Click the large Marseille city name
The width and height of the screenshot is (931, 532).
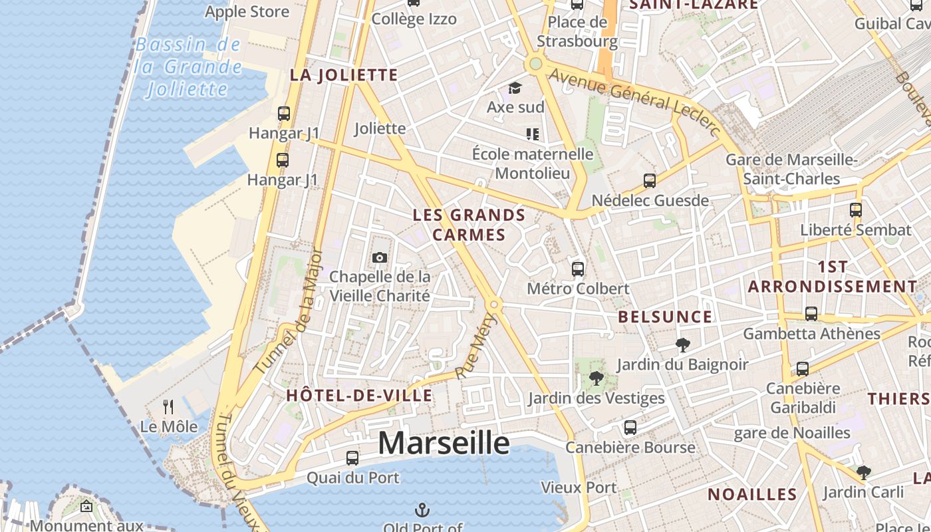tap(444, 444)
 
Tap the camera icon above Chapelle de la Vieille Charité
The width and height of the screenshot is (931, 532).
tap(379, 257)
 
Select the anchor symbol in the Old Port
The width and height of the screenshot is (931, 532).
tap(422, 510)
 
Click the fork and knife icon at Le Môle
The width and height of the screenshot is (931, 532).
tap(168, 406)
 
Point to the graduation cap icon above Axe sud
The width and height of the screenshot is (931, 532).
tap(515, 88)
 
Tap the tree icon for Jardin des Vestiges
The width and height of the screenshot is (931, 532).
tap(596, 379)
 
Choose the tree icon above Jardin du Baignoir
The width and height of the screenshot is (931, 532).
tap(682, 344)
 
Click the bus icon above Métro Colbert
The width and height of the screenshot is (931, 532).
tap(578, 269)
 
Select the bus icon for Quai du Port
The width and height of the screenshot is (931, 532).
tap(352, 458)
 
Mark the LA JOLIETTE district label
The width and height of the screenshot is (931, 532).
tap(344, 75)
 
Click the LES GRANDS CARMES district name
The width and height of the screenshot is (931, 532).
tap(469, 225)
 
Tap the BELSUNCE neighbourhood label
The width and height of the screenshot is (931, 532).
tap(665, 317)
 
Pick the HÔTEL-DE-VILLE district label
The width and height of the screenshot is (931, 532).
tap(359, 396)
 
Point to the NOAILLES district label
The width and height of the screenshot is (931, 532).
tap(752, 494)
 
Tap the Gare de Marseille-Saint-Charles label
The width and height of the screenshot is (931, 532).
tap(791, 170)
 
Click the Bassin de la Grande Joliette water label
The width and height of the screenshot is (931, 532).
tap(188, 66)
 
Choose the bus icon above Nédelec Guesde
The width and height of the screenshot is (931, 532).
tap(650, 181)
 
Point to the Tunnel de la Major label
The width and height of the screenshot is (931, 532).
tap(289, 311)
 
